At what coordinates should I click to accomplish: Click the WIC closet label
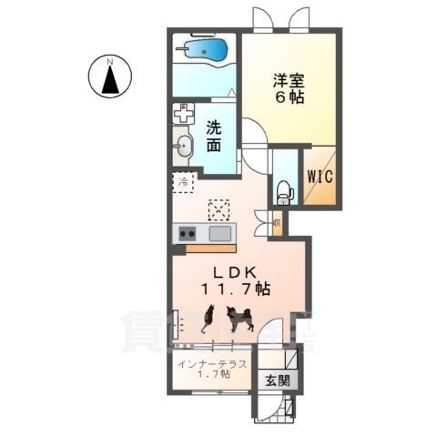(324, 178)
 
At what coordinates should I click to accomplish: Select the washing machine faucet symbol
(185, 115)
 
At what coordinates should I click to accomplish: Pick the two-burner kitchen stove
(188, 234)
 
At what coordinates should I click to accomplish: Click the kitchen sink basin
(220, 234)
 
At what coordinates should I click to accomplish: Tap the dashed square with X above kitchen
(219, 209)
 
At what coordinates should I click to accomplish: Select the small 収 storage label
(276, 220)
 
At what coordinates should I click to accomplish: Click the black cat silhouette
(208, 319)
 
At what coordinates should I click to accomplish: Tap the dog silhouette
(240, 319)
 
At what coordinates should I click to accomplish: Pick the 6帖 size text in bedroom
(291, 97)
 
